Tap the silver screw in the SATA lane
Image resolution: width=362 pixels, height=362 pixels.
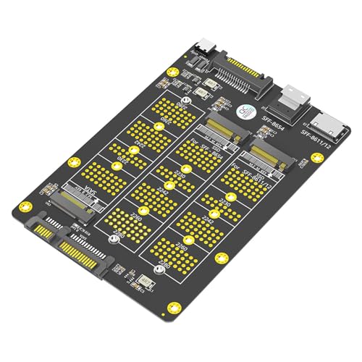click(x=112, y=238)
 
